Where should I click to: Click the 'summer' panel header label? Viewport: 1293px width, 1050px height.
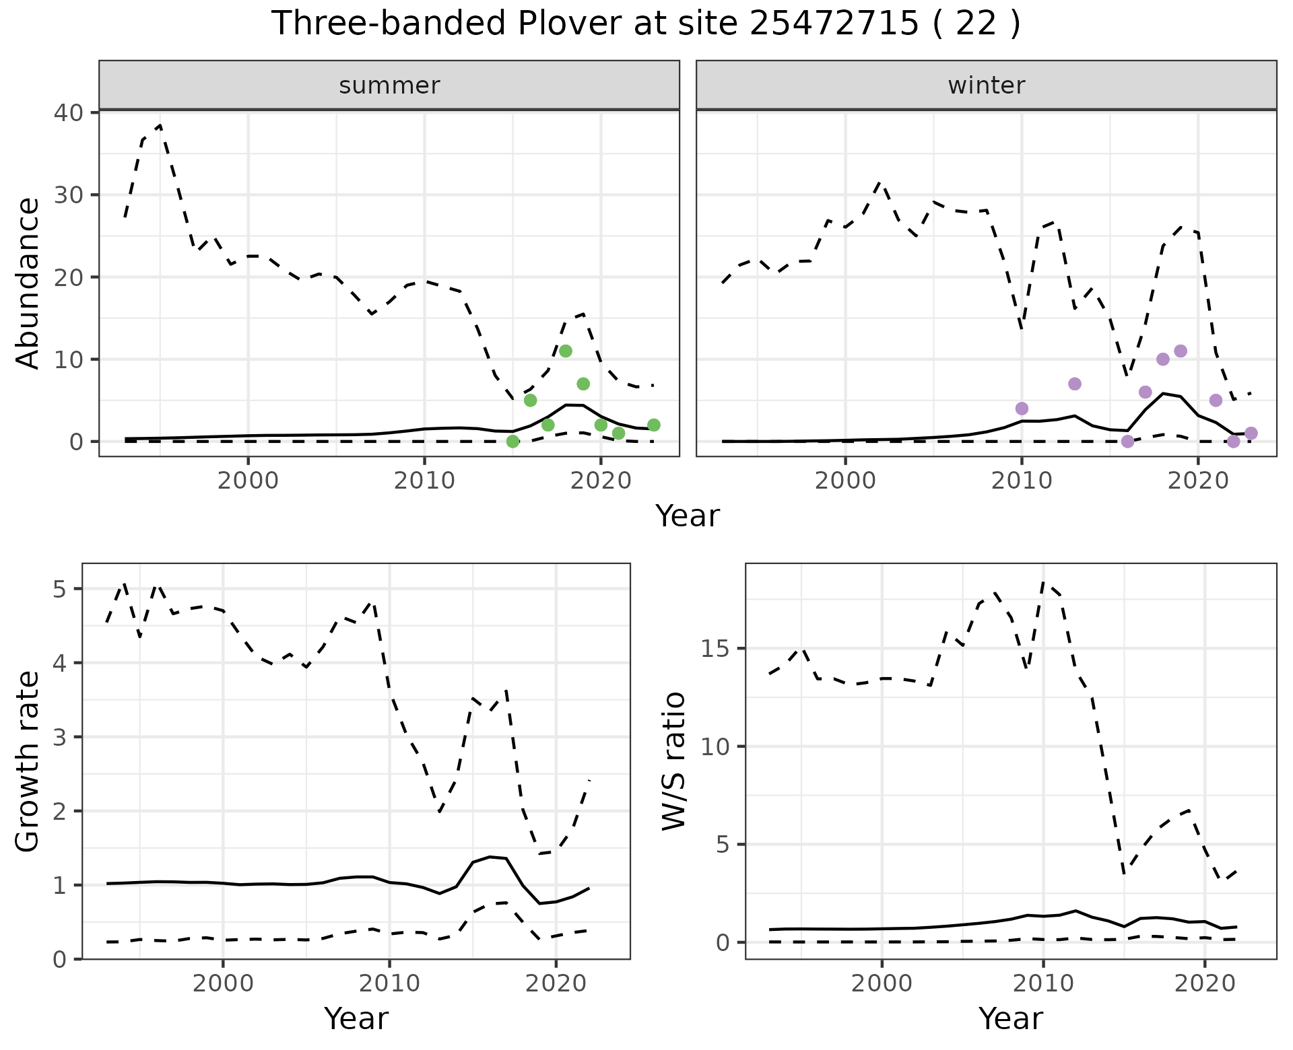point(389,85)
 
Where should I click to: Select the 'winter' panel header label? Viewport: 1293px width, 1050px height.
point(986,85)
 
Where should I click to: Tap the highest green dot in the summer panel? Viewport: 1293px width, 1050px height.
point(566,351)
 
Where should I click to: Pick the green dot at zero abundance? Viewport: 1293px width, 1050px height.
point(512,442)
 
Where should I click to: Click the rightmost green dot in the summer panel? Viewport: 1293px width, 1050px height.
point(653,425)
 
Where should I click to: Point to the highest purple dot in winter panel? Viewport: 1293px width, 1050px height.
point(1180,351)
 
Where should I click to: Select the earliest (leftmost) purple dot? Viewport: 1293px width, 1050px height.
point(1022,409)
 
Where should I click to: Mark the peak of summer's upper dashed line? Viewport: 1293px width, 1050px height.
point(160,125)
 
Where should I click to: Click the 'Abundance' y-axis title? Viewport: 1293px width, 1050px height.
point(28,283)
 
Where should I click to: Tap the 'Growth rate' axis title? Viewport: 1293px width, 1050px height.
point(28,761)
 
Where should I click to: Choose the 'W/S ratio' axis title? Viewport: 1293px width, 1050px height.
point(674,761)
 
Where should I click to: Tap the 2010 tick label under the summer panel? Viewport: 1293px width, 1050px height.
point(425,481)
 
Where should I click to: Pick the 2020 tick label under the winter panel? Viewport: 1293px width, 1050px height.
point(1197,481)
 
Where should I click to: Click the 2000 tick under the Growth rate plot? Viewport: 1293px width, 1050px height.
point(223,983)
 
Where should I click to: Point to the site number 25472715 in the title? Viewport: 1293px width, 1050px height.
point(834,24)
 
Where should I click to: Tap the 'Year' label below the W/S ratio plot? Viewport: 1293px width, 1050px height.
point(1011,1019)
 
